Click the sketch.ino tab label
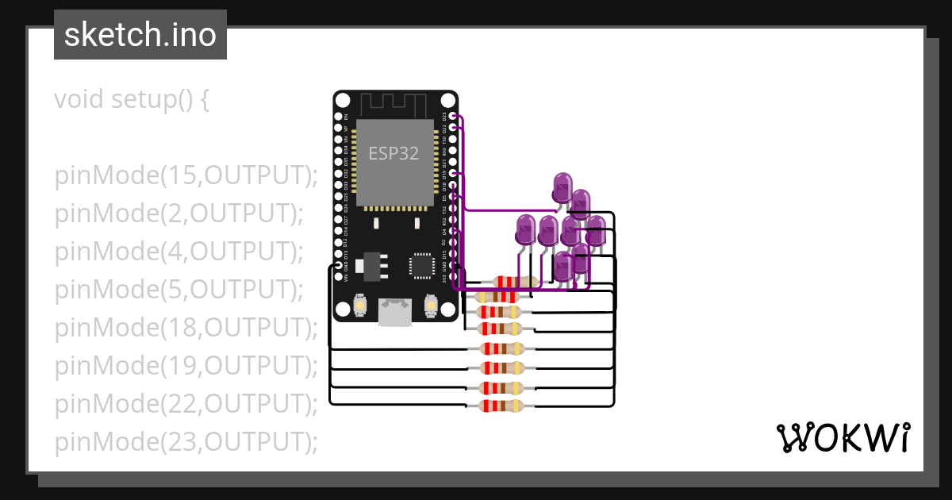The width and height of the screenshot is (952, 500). point(140,35)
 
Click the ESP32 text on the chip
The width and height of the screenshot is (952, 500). point(393,153)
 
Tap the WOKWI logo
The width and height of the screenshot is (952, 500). point(843,437)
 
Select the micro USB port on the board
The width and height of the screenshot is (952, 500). point(395,312)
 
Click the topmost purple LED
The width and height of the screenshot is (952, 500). point(562,188)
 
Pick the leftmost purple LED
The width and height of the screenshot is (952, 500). point(524,229)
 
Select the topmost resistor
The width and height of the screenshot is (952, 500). point(516,282)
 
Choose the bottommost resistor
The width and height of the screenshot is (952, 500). point(501,406)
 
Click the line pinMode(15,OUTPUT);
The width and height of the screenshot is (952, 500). point(186,176)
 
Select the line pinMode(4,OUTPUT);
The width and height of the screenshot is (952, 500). point(179,252)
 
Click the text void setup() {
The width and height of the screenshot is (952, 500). point(132,100)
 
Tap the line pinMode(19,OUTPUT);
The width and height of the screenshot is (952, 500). point(186,366)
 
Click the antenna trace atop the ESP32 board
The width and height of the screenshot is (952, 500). point(395,104)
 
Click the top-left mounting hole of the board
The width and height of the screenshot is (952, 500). point(343,101)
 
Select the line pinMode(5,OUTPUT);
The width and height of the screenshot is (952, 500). point(179,290)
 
